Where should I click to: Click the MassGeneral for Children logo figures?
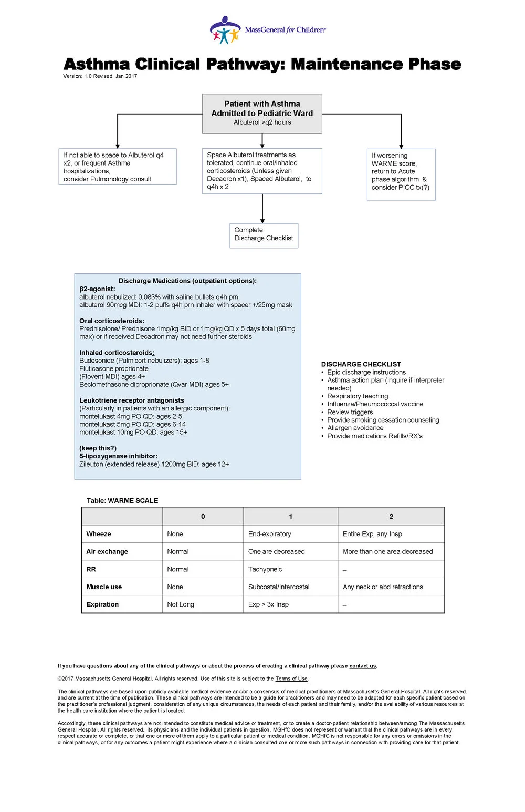(225, 31)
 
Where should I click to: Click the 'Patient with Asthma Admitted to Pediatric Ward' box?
(262, 113)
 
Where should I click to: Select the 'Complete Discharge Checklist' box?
(264, 235)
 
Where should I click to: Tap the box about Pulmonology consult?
(117, 167)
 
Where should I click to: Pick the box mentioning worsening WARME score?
(401, 174)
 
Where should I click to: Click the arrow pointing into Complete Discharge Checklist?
(262, 218)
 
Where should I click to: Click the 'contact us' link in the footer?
(362, 666)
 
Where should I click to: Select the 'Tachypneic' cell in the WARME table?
(265, 569)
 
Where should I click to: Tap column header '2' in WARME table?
(391, 517)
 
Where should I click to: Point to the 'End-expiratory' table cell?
(269, 534)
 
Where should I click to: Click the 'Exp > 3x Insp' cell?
(268, 604)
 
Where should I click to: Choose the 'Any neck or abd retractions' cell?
(383, 587)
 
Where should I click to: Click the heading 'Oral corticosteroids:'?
(111, 321)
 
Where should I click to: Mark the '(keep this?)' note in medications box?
(98, 448)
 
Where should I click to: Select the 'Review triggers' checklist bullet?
(350, 412)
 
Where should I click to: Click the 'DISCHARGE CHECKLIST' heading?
(361, 364)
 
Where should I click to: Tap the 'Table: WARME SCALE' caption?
(122, 500)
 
